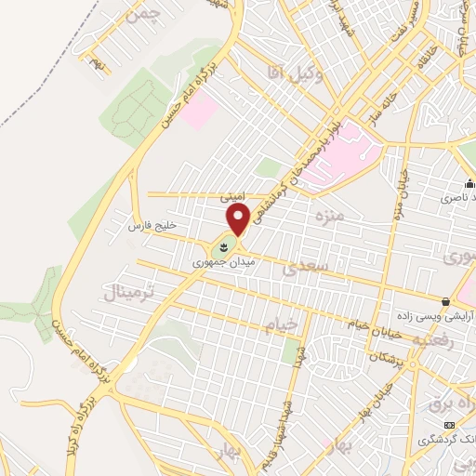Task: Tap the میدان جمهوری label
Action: [224, 264]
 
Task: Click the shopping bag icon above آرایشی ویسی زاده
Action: [447, 302]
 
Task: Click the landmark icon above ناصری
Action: [470, 184]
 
